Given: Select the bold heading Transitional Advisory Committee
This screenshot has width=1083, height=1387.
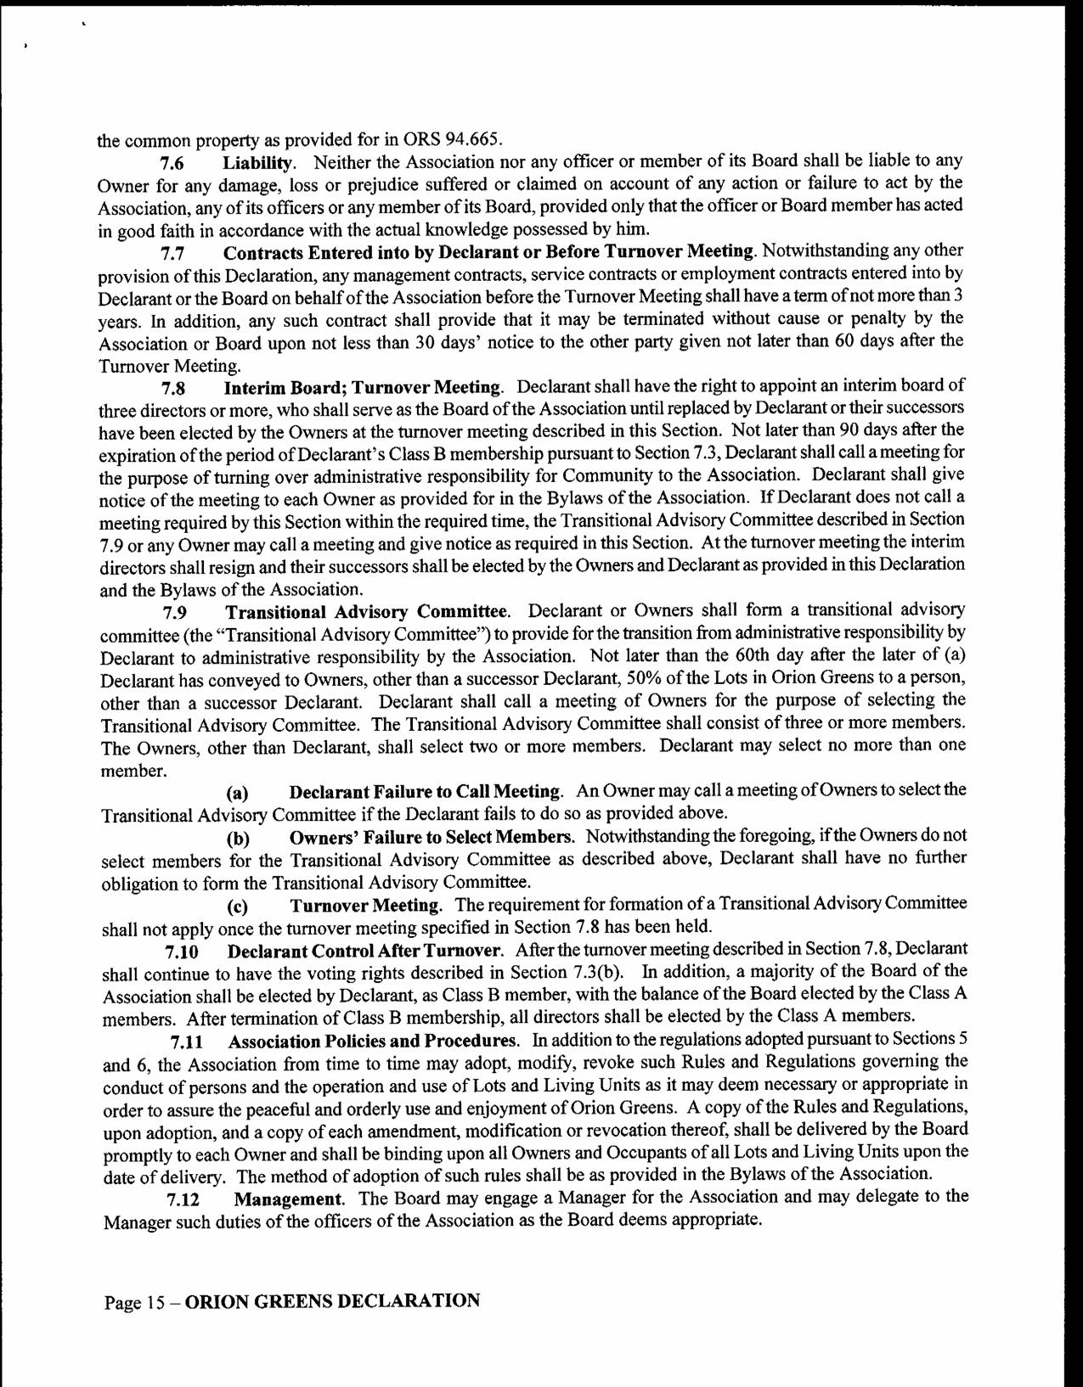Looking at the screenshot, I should tap(366, 612).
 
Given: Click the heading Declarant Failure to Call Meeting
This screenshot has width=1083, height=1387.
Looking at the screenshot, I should tap(425, 792).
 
